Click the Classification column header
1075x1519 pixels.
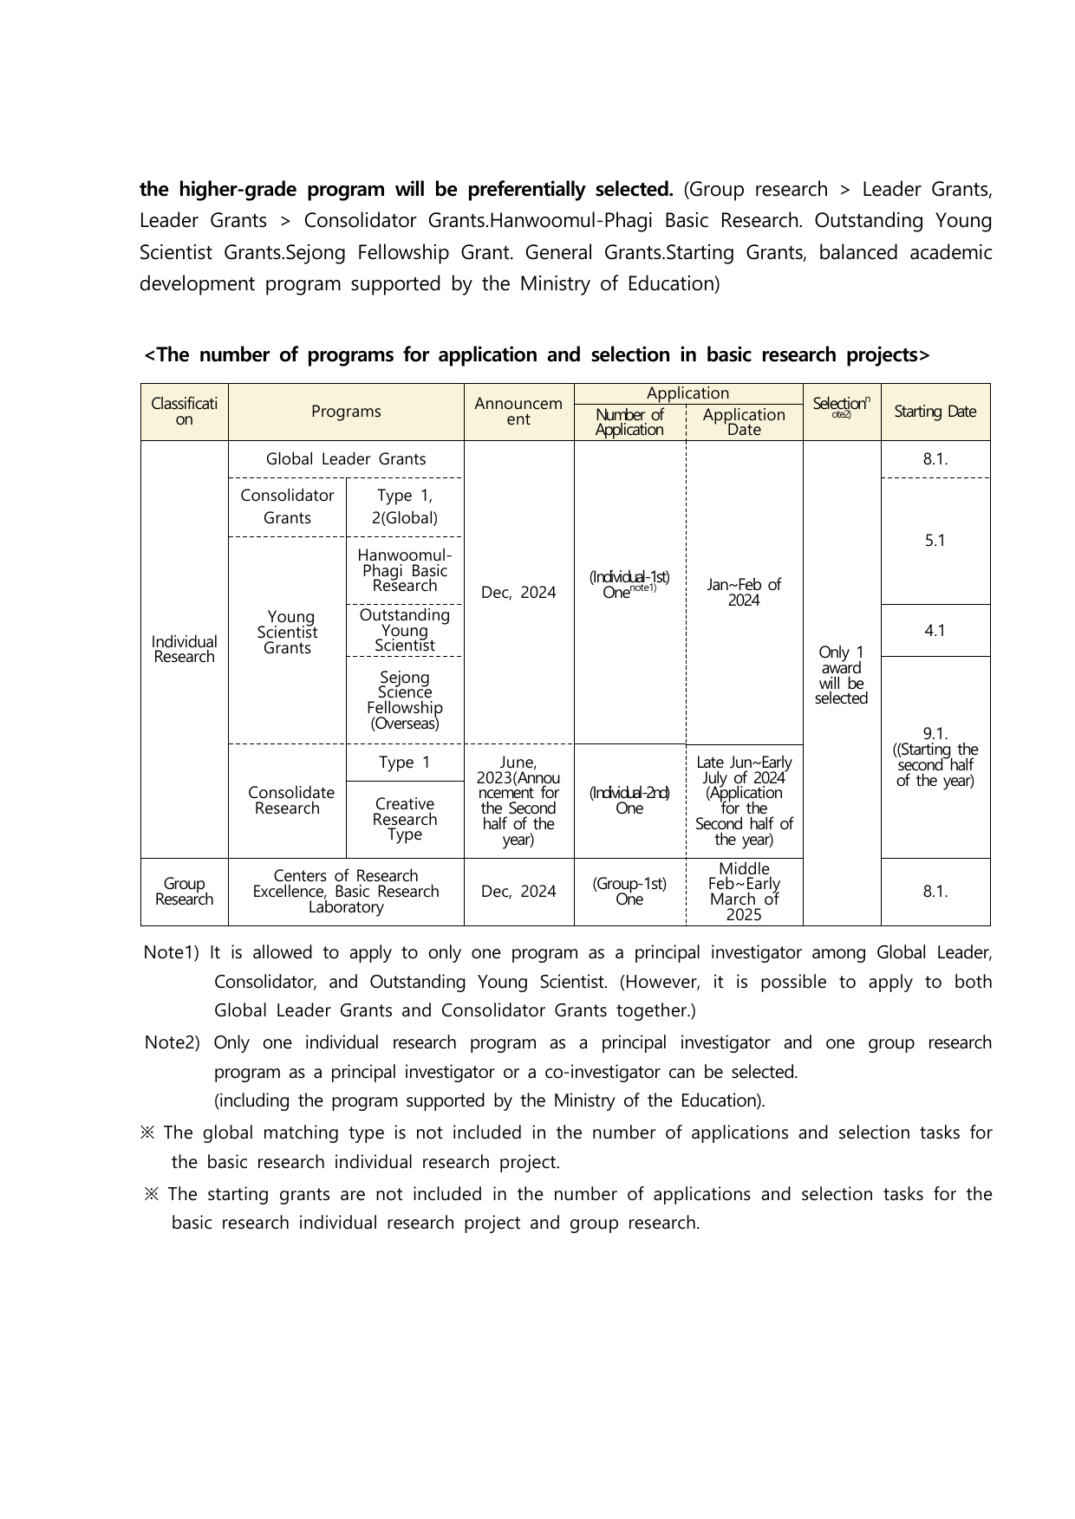pos(184,412)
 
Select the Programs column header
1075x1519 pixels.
pos(346,412)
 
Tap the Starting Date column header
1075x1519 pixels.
pos(935,412)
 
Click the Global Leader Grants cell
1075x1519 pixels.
pos(346,459)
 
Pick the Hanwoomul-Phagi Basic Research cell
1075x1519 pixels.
pos(405,570)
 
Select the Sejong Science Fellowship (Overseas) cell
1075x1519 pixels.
pos(405,700)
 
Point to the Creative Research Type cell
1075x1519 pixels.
pos(405,819)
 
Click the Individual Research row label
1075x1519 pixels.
pos(184,649)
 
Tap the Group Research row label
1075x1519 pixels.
pos(184,892)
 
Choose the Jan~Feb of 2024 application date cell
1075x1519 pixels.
pos(744,593)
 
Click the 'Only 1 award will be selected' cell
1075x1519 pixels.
pos(841,675)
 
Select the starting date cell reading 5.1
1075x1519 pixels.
pos(935,541)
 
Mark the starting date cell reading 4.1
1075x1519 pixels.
pos(935,631)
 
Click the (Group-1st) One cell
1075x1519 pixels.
pos(629,892)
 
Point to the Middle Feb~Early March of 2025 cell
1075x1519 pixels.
pos(744,892)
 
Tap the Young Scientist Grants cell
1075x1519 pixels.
pos(287,633)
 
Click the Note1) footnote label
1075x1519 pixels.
pos(171,952)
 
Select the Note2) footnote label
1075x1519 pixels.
pos(172,1042)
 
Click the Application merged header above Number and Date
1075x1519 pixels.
pos(688,393)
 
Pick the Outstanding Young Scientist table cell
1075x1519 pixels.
pos(405,630)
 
